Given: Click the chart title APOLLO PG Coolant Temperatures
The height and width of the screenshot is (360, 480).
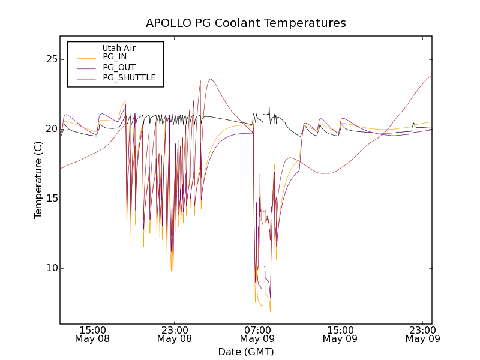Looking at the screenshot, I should [246, 23].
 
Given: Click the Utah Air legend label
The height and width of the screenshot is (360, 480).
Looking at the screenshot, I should [119, 48].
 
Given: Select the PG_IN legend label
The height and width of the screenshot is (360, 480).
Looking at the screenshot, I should [115, 57].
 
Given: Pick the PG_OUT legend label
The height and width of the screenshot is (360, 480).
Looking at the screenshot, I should [119, 67].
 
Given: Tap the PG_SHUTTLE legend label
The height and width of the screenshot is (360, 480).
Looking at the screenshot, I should [129, 77].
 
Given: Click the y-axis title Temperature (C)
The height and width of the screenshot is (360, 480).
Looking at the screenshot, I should [38, 180].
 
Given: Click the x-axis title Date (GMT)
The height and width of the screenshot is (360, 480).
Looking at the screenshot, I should [246, 352].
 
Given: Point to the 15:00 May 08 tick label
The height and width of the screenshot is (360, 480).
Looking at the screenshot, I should [93, 334].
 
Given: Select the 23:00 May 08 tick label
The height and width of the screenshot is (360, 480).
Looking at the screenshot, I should [175, 334].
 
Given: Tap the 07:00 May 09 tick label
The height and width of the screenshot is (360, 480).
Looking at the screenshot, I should [257, 334].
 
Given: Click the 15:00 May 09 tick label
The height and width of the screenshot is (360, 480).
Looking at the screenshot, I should [340, 334].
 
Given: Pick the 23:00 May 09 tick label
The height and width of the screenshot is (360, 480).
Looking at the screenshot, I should [422, 334].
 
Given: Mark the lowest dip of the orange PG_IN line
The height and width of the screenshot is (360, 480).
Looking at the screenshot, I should [270, 311].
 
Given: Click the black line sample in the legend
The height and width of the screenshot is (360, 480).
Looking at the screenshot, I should [85, 48].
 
